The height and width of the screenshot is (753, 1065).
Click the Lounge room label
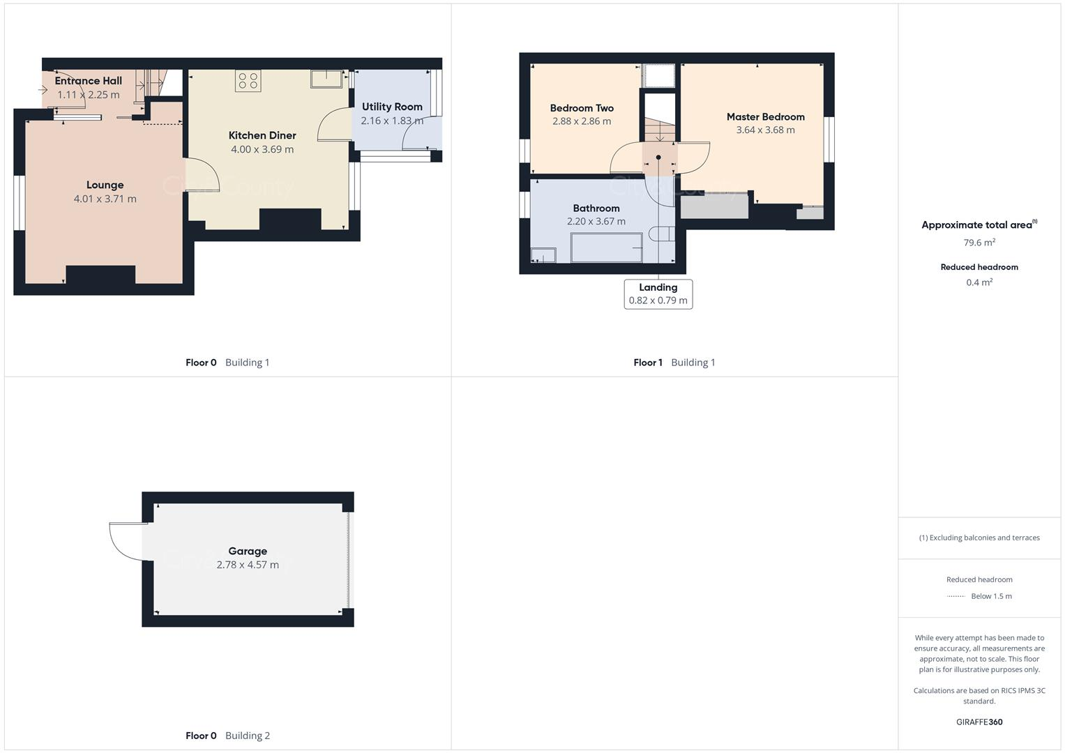coord(105,185)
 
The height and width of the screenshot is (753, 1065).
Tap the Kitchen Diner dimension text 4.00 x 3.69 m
coord(262,149)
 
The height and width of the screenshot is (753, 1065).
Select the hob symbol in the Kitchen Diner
coord(248,81)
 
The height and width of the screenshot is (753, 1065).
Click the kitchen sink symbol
coord(326,79)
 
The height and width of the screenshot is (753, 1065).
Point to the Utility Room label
coord(392,107)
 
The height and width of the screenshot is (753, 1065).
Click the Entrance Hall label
coord(88,81)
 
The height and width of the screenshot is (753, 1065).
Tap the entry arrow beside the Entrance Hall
coord(43,89)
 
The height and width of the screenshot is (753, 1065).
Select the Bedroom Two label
coord(582,108)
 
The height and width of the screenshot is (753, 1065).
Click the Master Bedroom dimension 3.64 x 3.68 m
coord(765,130)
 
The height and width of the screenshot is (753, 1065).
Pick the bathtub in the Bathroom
coord(606,248)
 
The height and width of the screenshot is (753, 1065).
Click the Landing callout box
coord(658,294)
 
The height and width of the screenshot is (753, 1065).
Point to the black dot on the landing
coord(658,158)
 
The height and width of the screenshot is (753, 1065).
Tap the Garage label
coord(248,551)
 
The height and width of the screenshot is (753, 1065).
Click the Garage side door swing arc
coord(126,544)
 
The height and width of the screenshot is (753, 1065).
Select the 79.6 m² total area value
coord(979,243)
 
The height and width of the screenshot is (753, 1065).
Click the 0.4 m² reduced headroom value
coord(979,282)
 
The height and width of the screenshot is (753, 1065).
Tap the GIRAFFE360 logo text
coord(979,722)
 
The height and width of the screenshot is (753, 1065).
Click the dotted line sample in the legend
coord(956,596)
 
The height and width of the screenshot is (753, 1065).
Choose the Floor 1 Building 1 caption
coord(674,363)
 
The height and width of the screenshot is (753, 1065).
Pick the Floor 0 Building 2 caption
coord(227,736)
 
